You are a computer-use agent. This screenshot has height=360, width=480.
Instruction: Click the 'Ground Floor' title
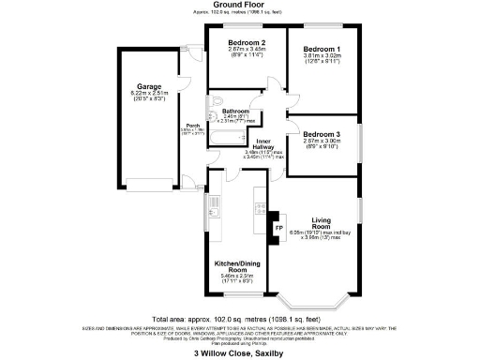tap(240, 7)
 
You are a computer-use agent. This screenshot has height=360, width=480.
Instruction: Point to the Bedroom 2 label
tap(248, 43)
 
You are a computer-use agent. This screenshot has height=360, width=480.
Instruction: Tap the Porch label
tap(193, 125)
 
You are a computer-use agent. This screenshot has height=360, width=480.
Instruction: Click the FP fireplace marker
tap(277, 228)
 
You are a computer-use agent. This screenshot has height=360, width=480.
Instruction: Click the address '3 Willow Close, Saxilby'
tap(240, 353)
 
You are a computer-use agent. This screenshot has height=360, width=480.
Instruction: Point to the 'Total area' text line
tap(240, 320)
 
